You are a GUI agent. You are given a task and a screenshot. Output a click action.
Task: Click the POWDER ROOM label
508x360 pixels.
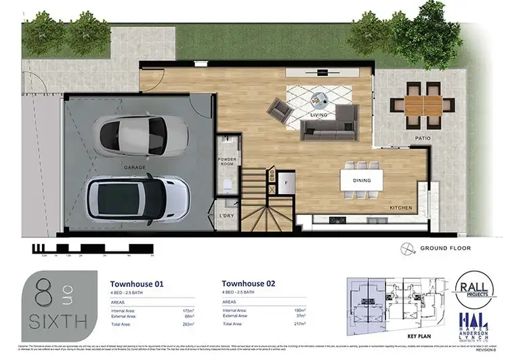226,162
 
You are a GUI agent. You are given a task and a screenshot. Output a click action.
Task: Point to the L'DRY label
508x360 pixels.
226,216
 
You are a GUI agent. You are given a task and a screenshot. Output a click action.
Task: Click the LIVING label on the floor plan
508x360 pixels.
319,115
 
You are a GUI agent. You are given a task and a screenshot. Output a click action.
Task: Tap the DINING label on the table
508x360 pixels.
362,180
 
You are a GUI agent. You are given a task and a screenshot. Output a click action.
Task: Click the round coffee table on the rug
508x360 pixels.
317,99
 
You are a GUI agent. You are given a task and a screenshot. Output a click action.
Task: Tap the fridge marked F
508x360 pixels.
286,182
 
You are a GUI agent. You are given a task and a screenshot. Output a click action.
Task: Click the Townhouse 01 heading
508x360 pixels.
137,284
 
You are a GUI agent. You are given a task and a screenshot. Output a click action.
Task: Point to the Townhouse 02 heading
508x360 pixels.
249,284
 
